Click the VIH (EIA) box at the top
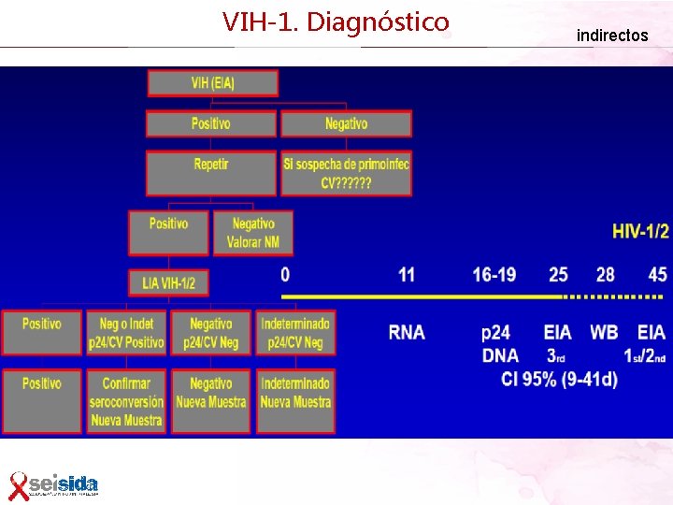pos(212,82)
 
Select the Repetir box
pos(210,173)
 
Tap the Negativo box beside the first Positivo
pos(346,123)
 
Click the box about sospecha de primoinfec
pos(346,173)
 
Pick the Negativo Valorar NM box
pos(252,233)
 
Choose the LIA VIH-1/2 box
pos(168,282)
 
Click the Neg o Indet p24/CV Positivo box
pos(126,333)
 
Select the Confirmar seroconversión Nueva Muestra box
pos(126,401)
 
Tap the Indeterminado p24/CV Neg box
pos(294,333)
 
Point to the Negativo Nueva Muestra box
pos(210,401)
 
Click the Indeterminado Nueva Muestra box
pos(294,401)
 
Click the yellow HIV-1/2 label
pos(640,230)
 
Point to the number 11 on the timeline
pos(407,274)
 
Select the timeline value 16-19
pos(494,274)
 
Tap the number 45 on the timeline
pos(657,274)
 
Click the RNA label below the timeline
pos(407,332)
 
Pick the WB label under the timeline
pos(605,332)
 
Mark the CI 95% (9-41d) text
pos(559,379)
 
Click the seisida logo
pos(54,484)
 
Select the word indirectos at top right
pos(611,36)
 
